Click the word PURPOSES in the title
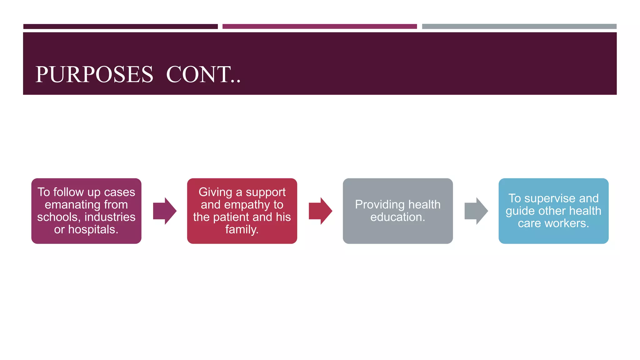tap(94, 75)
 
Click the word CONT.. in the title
tap(203, 75)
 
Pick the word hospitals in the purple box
tap(93, 230)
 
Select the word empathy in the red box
tap(247, 205)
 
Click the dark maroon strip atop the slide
tap(120, 27)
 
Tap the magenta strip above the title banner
tap(319, 27)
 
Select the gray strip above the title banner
tap(519, 27)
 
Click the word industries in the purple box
tap(110, 217)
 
